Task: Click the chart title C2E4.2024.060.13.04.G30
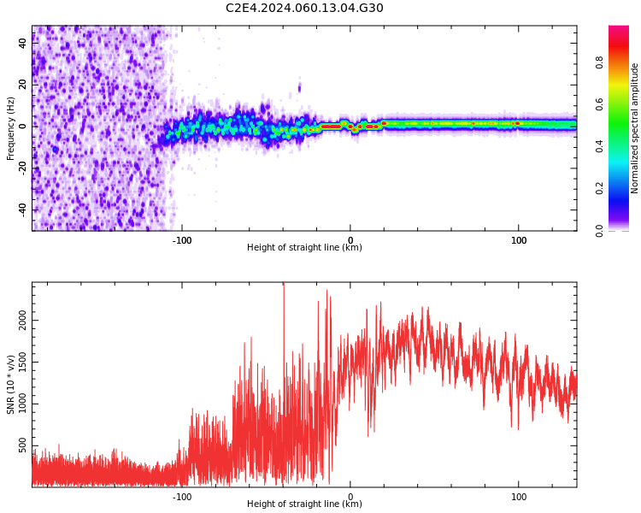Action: pos(304,9)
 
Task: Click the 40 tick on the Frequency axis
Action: pos(23,42)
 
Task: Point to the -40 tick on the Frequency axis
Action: pos(21,209)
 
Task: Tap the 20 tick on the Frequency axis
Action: pos(23,84)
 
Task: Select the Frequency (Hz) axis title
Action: pos(10,128)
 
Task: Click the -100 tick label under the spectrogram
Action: pos(182,240)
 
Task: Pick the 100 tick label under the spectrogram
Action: pos(518,240)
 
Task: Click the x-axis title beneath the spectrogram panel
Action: pos(304,248)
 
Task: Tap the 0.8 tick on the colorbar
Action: pos(599,62)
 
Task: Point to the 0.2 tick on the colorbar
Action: pos(599,188)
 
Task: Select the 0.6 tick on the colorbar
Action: pos(599,103)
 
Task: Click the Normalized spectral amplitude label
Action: pos(635,128)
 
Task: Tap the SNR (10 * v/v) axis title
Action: pos(10,384)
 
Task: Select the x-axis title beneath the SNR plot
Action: pos(304,504)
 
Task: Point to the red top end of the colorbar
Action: pos(618,30)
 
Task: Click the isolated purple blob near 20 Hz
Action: pos(299,86)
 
